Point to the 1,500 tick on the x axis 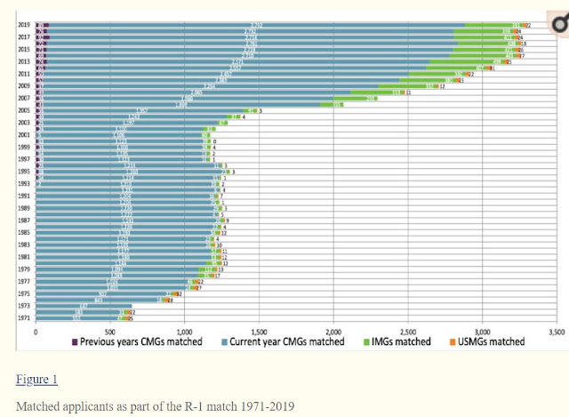click(258, 331)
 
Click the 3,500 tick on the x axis click(556, 331)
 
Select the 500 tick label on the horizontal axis click(109, 331)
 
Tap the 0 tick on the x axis click(36, 331)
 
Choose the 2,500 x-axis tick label click(406, 331)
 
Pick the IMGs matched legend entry click(398, 341)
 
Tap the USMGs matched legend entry click(485, 341)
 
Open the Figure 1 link click(36, 380)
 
